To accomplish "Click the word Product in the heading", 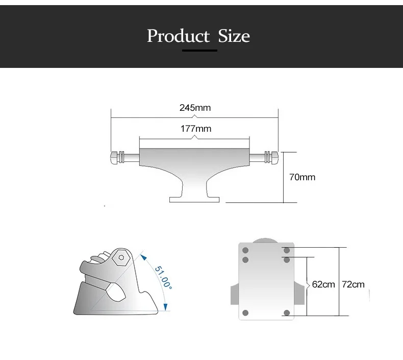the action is (x=179, y=36).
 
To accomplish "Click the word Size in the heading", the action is (x=234, y=36).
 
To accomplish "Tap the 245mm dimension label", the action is (x=195, y=108).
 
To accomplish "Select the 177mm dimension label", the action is (x=196, y=129).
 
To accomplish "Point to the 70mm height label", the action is (x=302, y=177).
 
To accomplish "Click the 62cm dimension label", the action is (x=323, y=284).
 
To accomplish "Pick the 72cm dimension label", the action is (x=353, y=284).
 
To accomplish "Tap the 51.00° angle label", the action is (x=163, y=277).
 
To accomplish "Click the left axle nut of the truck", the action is (x=114, y=157).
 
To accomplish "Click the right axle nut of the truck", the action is (x=275, y=157).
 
